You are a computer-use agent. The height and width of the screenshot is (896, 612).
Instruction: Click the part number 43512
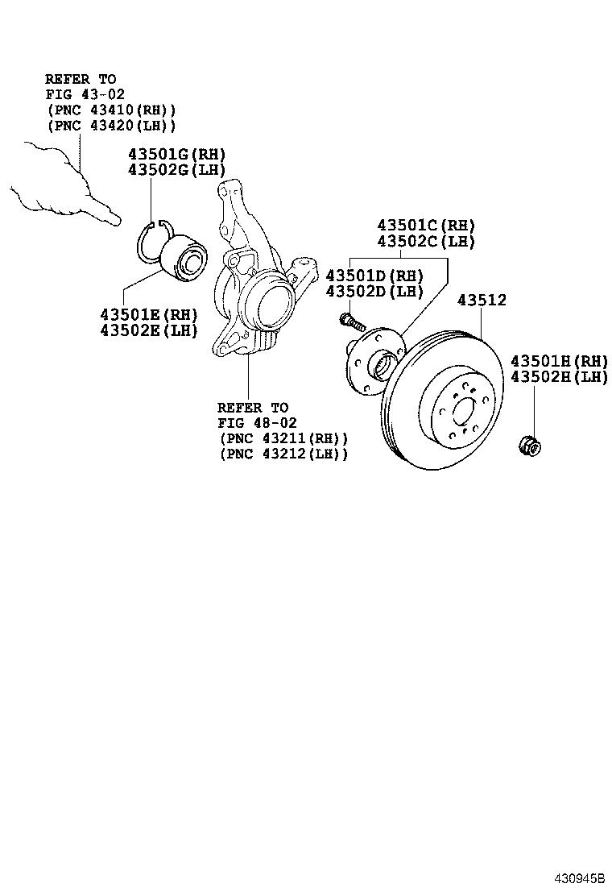click(482, 301)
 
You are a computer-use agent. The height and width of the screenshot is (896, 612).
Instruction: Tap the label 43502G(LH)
click(176, 169)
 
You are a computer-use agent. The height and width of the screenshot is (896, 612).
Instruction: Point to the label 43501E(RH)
click(149, 314)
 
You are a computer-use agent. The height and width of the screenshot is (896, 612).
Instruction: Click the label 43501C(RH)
click(426, 226)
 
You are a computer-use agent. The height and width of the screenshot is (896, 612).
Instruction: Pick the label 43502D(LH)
click(374, 291)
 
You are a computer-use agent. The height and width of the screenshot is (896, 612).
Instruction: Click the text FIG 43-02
click(85, 94)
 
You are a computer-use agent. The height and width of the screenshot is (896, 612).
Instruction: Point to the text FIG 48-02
click(257, 423)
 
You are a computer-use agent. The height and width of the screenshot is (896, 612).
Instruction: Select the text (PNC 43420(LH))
click(110, 126)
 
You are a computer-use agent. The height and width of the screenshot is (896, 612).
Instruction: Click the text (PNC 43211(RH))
click(283, 438)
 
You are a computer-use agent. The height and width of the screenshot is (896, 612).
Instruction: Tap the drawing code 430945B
click(577, 878)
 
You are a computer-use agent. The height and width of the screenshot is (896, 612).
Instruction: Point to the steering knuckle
click(250, 282)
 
